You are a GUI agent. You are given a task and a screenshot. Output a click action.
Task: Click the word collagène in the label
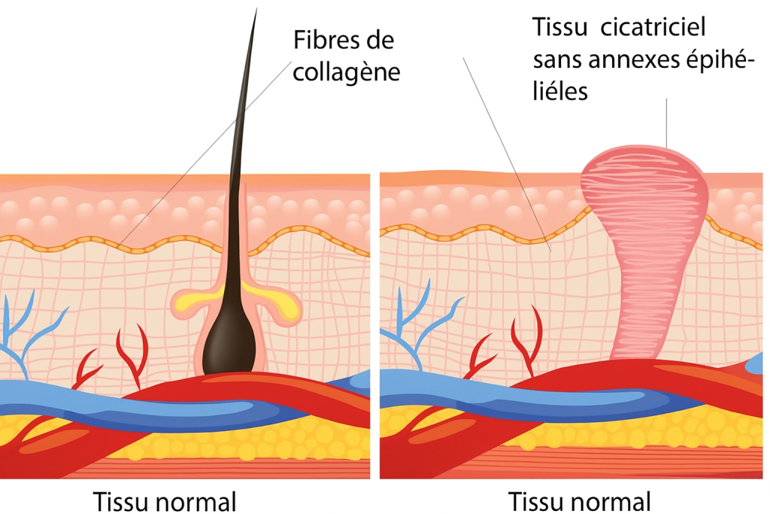[x=346, y=72]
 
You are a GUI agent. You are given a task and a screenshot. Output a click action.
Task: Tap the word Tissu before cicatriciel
[x=558, y=27]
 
